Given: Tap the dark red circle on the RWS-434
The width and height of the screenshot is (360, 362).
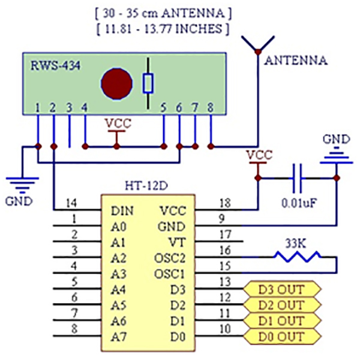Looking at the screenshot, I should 116,83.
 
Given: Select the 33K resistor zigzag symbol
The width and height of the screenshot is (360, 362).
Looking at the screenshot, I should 298,257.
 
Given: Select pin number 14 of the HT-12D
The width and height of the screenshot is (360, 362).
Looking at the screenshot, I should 71,203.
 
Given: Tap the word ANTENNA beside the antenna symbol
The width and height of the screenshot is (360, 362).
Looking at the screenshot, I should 296,61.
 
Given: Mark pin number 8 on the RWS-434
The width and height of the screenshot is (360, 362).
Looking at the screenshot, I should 210,108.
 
